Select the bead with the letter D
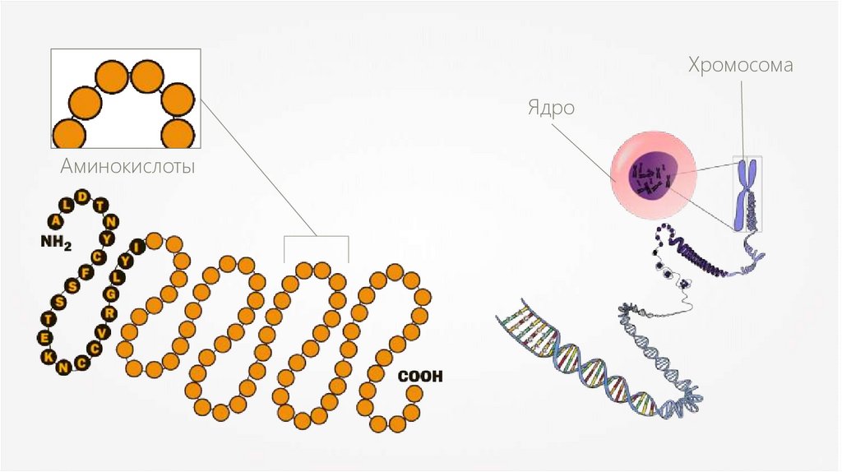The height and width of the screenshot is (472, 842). click(x=82, y=196)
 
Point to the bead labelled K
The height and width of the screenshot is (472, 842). click(x=50, y=355)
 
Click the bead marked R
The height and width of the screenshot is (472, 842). click(x=108, y=314)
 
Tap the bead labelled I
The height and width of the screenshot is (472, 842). click(x=136, y=244)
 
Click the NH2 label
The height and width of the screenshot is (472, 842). click(x=56, y=243)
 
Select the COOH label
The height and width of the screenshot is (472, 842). click(x=420, y=377)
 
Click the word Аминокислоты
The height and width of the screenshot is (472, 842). click(x=127, y=167)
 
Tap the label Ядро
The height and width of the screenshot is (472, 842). click(x=550, y=109)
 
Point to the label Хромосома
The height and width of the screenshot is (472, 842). click(x=740, y=66)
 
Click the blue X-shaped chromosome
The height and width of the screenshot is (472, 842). click(x=748, y=193)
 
